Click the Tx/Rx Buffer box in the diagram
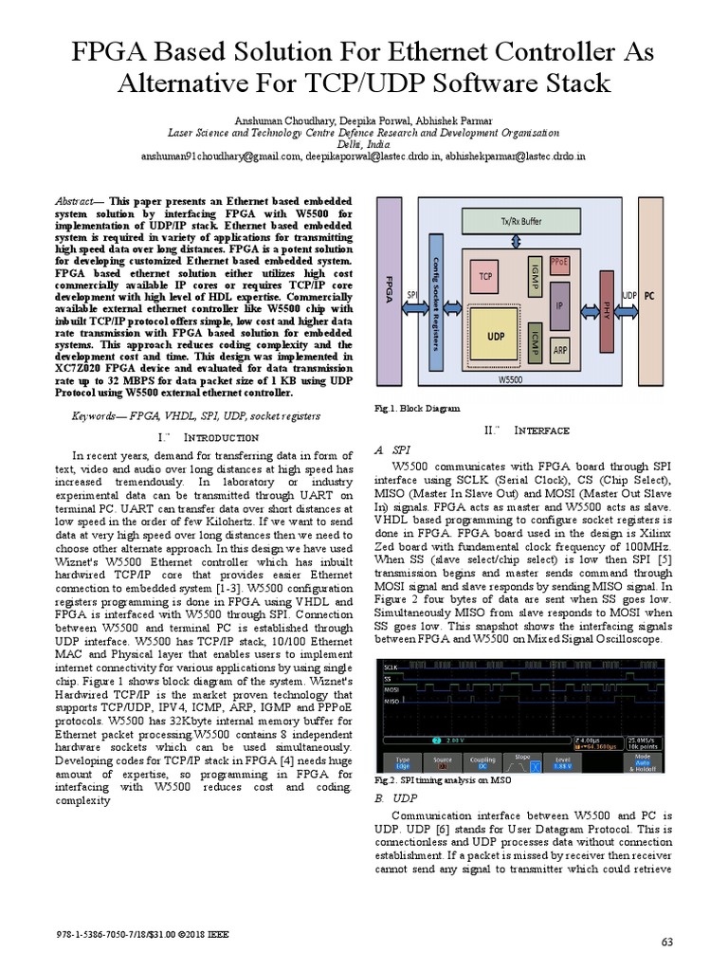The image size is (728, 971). (x=521, y=220)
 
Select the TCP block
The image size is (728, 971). (x=485, y=277)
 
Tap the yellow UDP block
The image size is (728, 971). (x=495, y=337)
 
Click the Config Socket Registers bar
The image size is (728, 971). (x=436, y=302)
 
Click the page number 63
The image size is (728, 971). (x=665, y=940)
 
